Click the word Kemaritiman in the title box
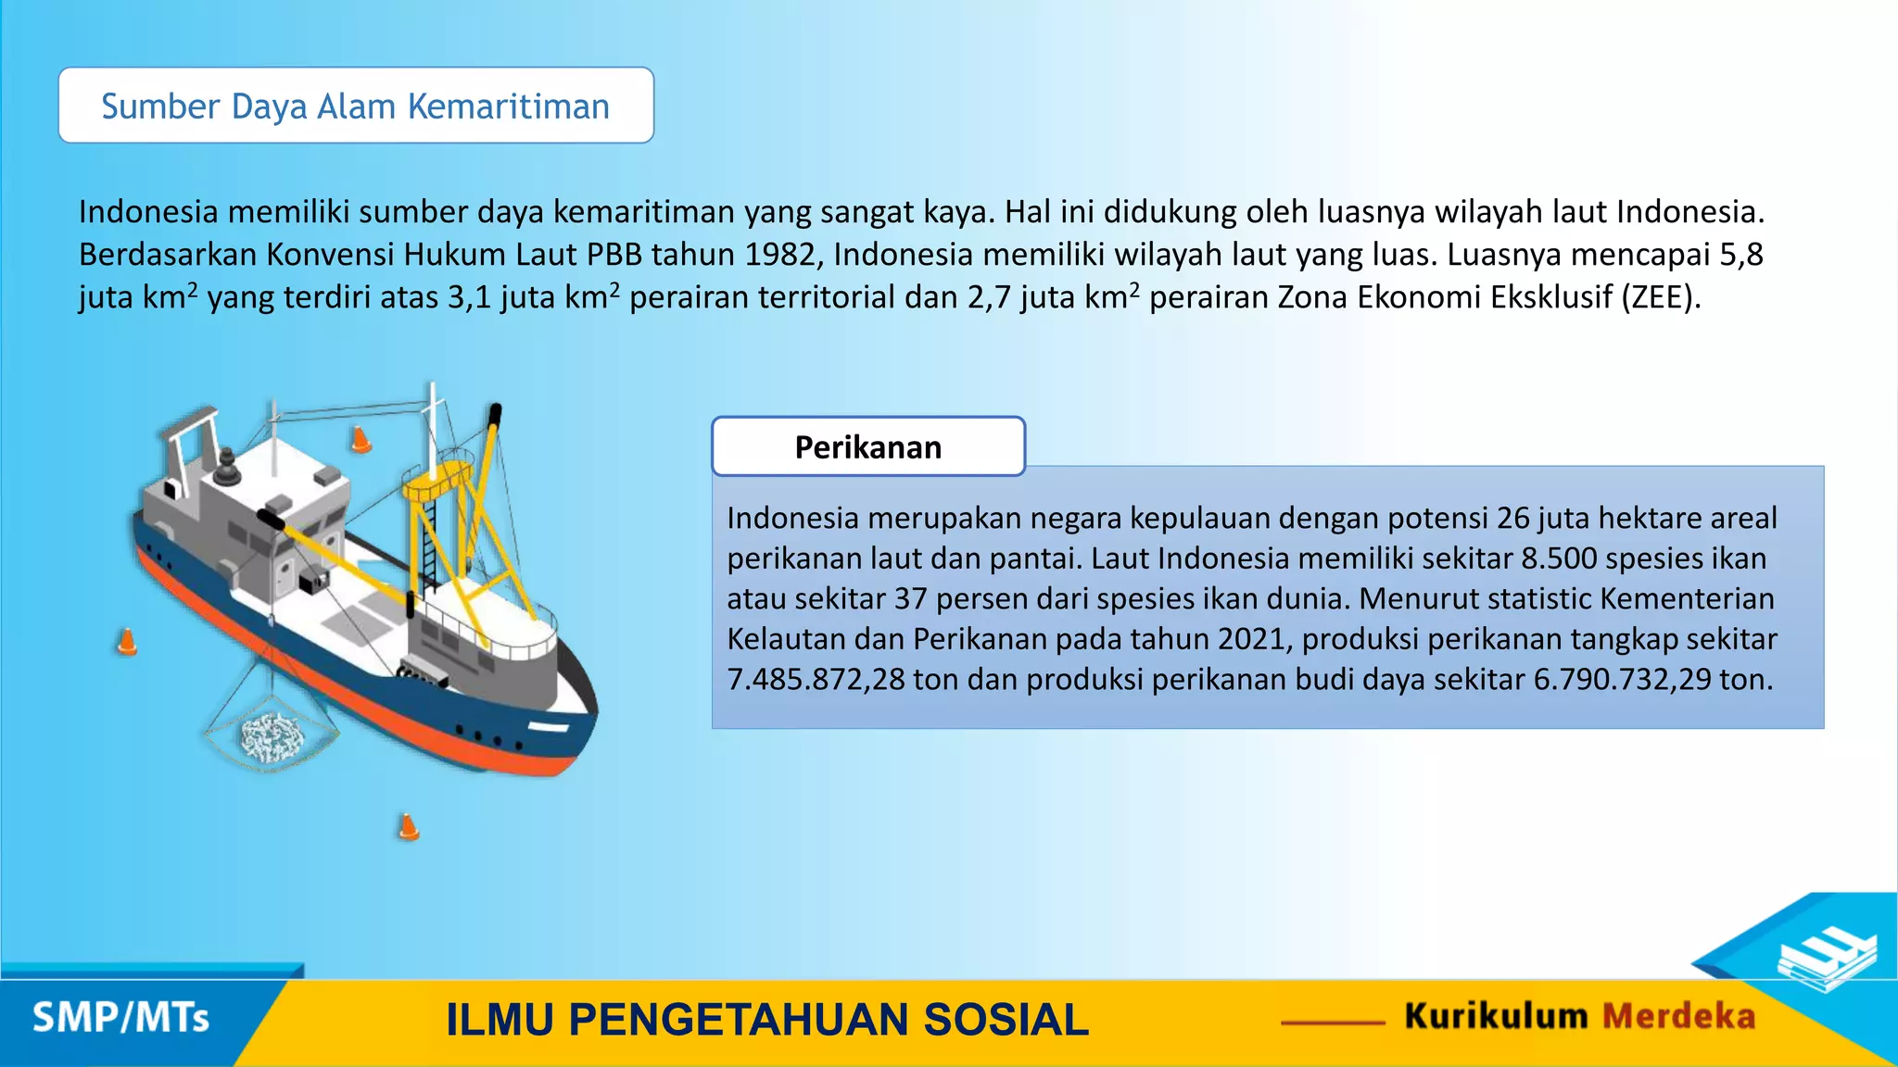tap(508, 107)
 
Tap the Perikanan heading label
tap(867, 447)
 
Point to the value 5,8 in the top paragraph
tap(1741, 255)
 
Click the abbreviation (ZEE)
tap(1661, 297)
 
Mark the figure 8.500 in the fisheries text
tap(1559, 559)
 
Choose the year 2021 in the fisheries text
tap(1250, 639)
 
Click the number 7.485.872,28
tap(816, 680)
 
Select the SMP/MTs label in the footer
tap(120, 1018)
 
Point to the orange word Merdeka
tap(1678, 1016)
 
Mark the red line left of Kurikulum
tap(1333, 1023)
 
